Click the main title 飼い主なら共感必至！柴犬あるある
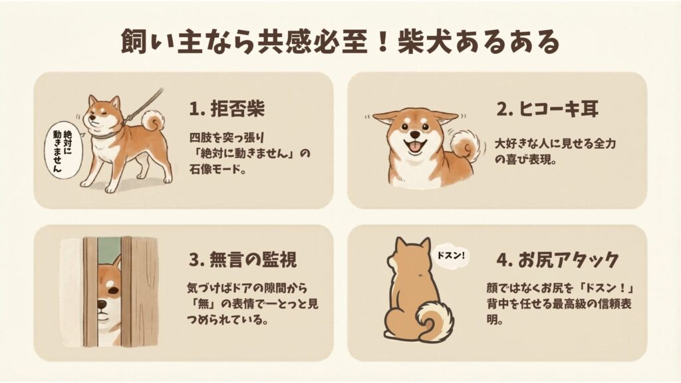point(340,42)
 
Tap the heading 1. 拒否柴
point(227,108)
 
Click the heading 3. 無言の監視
point(243,260)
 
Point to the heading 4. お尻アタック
point(558,260)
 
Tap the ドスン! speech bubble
point(450,255)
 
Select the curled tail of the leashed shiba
point(152,120)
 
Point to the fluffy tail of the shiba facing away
point(435,320)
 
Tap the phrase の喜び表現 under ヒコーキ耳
point(526,160)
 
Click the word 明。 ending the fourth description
point(495,320)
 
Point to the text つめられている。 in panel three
point(227,320)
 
